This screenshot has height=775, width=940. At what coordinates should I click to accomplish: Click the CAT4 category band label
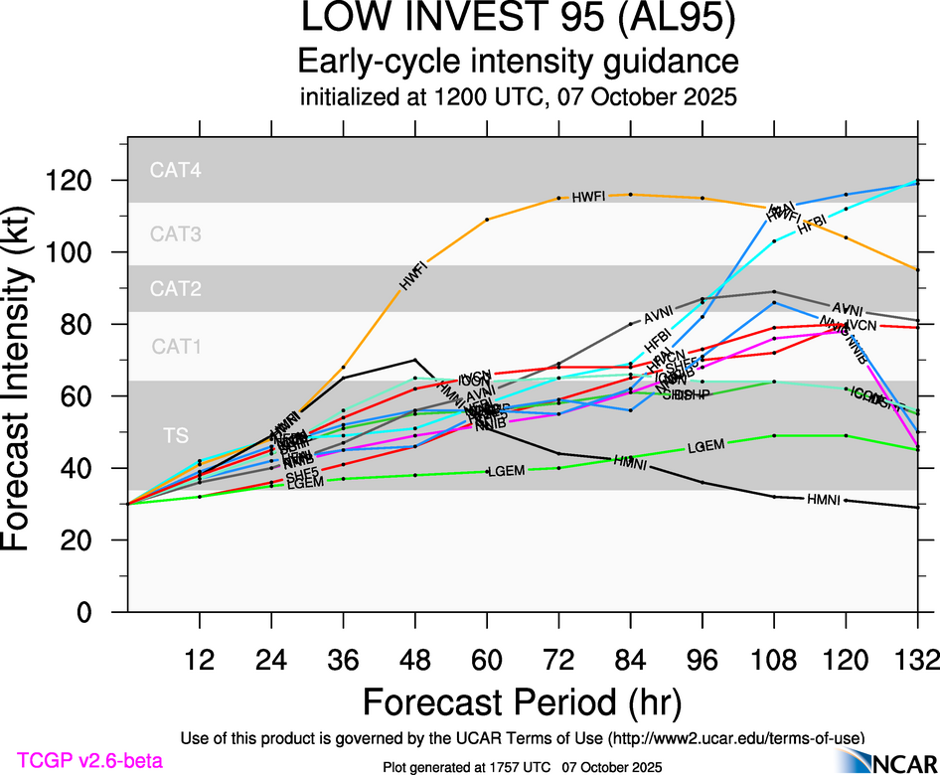tap(176, 171)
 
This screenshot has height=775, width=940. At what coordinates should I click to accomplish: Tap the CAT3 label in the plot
tap(176, 235)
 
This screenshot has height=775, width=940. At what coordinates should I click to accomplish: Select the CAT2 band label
tap(176, 290)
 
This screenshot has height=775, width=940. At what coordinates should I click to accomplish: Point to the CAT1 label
tap(176, 347)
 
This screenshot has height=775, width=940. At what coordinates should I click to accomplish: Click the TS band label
tap(176, 434)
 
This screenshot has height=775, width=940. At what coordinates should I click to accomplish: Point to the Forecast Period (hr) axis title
tap(522, 701)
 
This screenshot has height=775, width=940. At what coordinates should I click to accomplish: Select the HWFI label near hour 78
tap(588, 198)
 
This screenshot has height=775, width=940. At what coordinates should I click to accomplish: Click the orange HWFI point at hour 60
tap(487, 219)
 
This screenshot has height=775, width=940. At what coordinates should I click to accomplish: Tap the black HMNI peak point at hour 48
tap(415, 360)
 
